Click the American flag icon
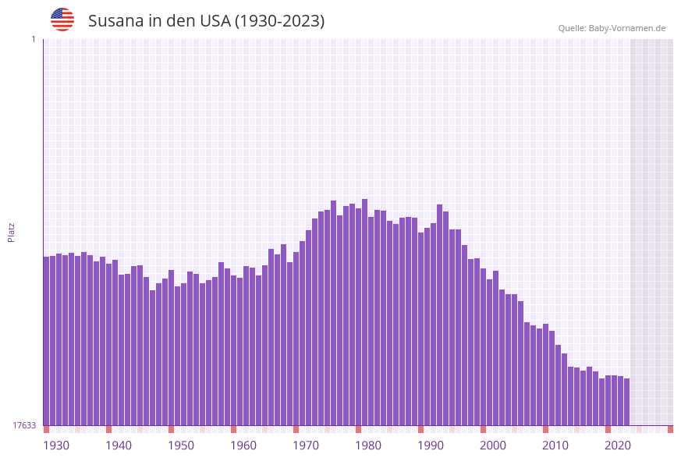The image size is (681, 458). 62,20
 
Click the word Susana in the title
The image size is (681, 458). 115,21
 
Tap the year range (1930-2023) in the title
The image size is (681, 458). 279,21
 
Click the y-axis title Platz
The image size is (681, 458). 11,232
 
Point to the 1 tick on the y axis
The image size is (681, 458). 33,39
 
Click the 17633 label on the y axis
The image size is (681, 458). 24,425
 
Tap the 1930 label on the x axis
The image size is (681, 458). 56,446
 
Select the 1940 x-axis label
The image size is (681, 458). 119,446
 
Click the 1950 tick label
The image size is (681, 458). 181,446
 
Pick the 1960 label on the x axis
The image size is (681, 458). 243,446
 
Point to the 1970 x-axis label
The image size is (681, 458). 306,446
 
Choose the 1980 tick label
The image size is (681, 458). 368,446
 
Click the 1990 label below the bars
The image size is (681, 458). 431,446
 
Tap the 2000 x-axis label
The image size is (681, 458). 493,446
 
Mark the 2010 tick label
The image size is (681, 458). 555,446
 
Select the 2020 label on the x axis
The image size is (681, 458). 618,446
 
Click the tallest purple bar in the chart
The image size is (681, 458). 364,312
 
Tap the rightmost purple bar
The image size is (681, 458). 626,401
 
